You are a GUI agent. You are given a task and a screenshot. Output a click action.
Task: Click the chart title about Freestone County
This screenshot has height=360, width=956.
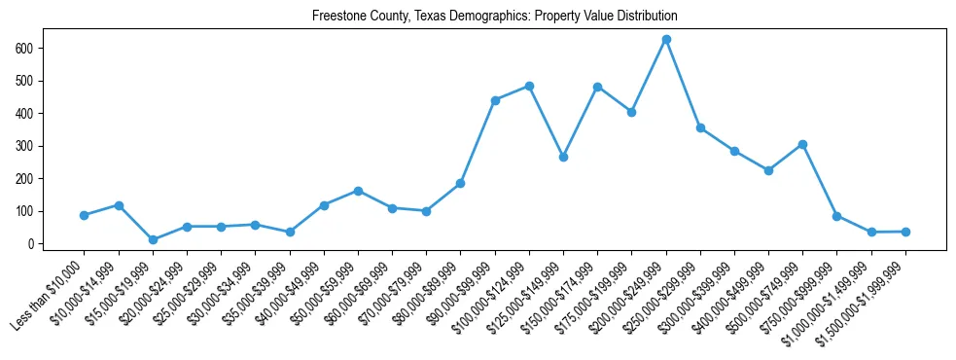click(x=494, y=17)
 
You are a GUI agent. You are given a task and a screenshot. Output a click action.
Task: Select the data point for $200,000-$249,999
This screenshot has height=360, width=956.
click(x=666, y=40)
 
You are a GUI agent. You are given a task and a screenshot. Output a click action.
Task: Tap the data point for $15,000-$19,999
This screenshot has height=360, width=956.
click(x=153, y=239)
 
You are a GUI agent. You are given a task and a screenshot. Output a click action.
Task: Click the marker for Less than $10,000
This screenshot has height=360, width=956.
click(x=85, y=215)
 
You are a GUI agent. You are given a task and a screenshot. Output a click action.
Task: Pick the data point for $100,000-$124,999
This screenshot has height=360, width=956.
click(x=529, y=86)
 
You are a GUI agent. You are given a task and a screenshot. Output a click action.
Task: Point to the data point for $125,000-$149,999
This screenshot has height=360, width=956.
click(x=563, y=157)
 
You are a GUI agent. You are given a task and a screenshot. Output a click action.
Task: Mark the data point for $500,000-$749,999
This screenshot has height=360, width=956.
click(x=802, y=144)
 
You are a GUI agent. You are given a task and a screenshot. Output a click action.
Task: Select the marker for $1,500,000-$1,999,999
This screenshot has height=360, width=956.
click(x=905, y=232)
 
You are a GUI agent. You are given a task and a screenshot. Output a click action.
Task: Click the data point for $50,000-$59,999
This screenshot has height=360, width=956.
click(x=358, y=191)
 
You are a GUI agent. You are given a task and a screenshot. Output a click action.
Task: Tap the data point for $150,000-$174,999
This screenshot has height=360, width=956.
click(x=597, y=87)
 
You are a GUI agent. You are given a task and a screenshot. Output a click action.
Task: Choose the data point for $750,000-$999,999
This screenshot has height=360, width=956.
click(x=836, y=216)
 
